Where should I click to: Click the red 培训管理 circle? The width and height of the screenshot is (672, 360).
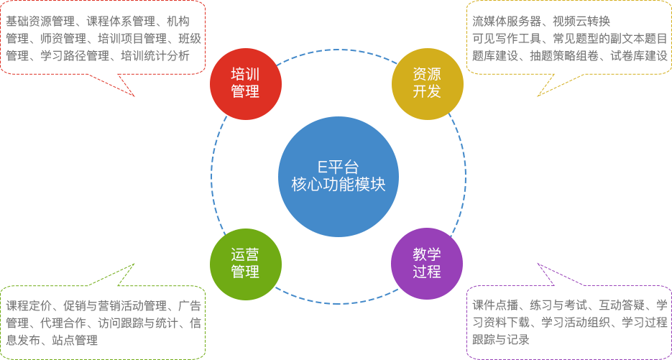(x=245, y=83)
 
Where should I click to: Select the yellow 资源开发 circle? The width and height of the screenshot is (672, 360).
(x=427, y=83)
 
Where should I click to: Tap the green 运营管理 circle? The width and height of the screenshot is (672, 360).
(x=245, y=264)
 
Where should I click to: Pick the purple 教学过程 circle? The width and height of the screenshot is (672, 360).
(x=427, y=264)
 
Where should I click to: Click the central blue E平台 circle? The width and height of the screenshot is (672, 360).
(x=337, y=176)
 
